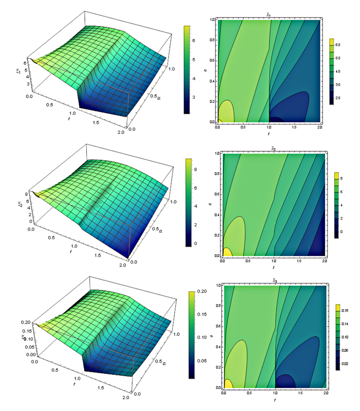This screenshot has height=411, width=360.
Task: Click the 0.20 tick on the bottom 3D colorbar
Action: [x=202, y=292]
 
